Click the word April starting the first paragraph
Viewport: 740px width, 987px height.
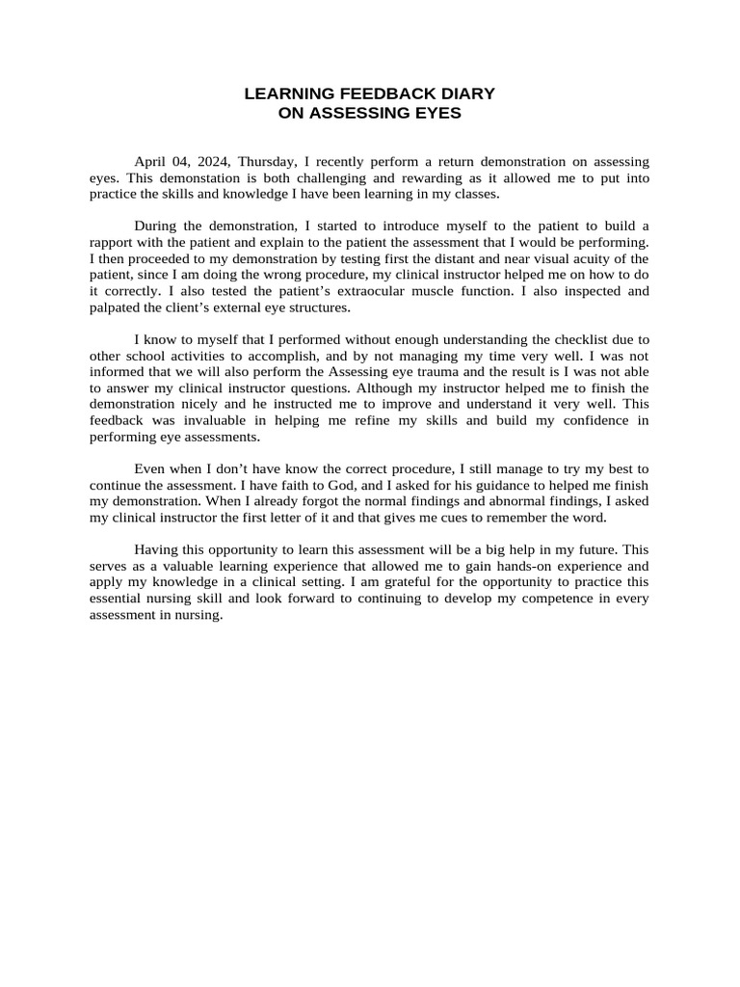151,162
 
